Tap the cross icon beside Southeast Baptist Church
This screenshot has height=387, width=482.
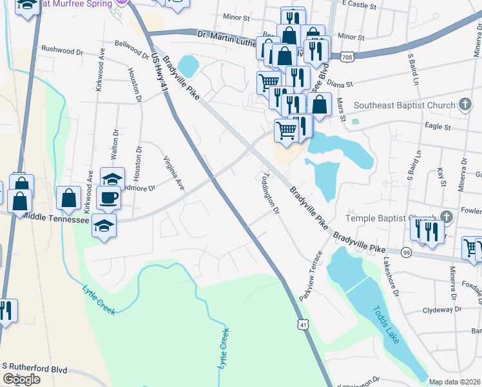(465, 105)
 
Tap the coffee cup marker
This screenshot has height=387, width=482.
(108, 198)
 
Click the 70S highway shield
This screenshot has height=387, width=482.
(347, 57)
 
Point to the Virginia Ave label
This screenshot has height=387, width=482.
(174, 174)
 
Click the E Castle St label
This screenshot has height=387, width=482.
(358, 4)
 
